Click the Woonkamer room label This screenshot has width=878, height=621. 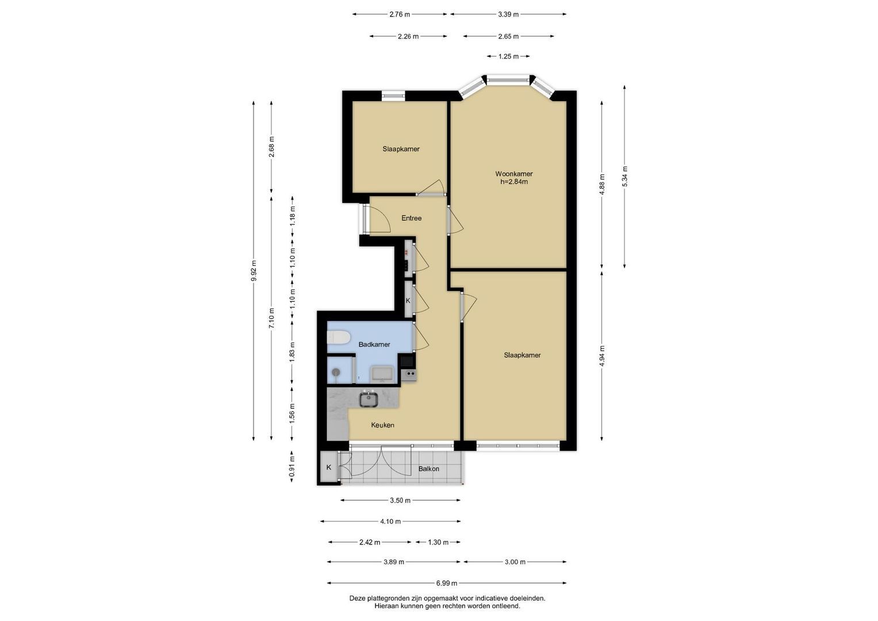(x=514, y=174)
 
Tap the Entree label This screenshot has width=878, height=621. (x=412, y=218)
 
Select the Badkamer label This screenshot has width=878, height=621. (x=374, y=344)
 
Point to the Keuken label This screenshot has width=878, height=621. (x=382, y=425)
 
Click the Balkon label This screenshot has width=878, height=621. (x=429, y=469)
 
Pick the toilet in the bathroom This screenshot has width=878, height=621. (x=338, y=337)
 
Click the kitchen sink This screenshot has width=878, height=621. (x=369, y=399)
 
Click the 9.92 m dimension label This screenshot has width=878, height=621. (x=254, y=270)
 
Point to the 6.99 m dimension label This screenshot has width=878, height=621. (x=447, y=583)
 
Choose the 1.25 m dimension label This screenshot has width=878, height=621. (x=508, y=56)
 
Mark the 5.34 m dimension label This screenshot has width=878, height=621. (x=624, y=177)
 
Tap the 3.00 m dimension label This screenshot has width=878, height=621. (x=515, y=562)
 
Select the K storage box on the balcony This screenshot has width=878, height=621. (x=328, y=467)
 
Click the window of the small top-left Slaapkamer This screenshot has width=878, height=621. (x=393, y=95)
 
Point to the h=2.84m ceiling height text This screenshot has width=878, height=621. (x=514, y=182)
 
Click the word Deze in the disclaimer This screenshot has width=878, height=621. (x=356, y=598)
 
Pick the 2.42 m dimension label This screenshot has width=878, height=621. (x=370, y=542)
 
